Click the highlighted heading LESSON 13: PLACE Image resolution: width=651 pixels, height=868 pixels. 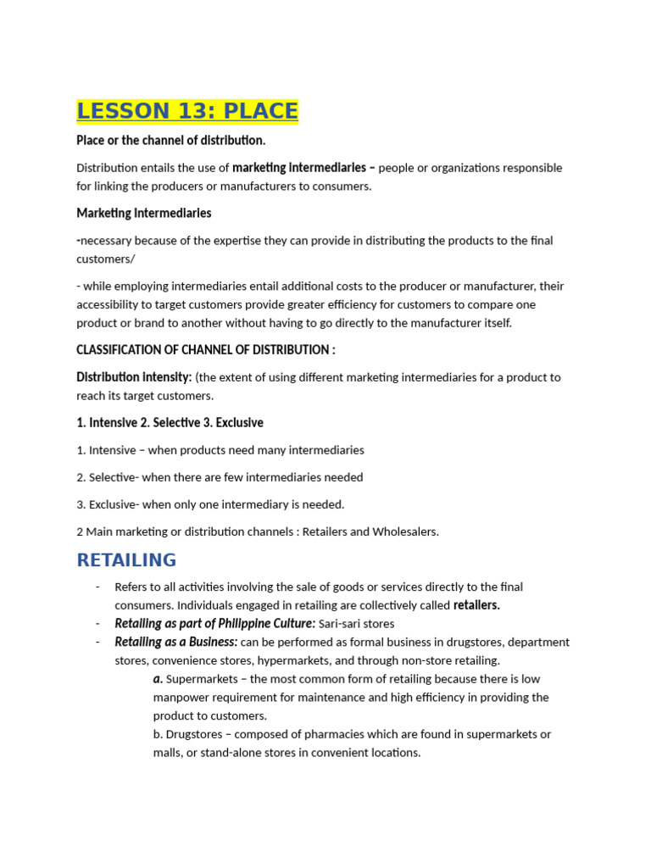(x=187, y=111)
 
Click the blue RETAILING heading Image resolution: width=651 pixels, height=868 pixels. (x=126, y=559)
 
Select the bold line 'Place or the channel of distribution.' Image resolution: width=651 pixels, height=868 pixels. (x=170, y=140)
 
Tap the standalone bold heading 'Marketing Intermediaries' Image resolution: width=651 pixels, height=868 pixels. (x=143, y=213)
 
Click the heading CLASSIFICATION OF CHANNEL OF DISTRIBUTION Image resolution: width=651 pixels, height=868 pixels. (x=206, y=349)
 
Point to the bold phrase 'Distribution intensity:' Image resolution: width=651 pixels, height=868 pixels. (x=134, y=376)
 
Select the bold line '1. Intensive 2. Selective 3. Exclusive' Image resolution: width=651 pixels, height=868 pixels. (x=170, y=422)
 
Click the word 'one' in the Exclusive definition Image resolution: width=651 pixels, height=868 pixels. (x=208, y=504)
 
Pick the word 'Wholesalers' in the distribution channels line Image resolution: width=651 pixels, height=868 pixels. (x=404, y=531)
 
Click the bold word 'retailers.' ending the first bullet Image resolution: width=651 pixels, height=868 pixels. (x=476, y=605)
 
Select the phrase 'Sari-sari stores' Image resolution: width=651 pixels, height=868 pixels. (x=356, y=624)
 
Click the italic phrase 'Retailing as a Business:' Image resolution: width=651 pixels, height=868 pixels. (x=175, y=642)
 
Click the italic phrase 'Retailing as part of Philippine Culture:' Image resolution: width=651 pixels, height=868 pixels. (x=214, y=624)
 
